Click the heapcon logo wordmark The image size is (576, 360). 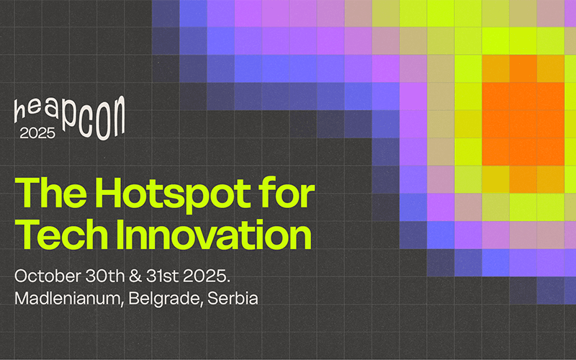pos(69,117)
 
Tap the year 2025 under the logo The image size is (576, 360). pos(37,133)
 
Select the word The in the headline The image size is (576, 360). pos(50,193)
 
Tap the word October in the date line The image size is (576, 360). pos(48,276)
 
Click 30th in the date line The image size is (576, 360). pos(104,276)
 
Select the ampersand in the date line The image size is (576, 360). pos(135,276)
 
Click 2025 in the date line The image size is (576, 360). pos(207,276)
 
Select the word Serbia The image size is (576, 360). pos(233,298)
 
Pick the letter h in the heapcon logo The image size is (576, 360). pos(19,112)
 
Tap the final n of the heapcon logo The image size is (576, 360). pos(117,117)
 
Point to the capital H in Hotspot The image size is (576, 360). pos(109,193)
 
